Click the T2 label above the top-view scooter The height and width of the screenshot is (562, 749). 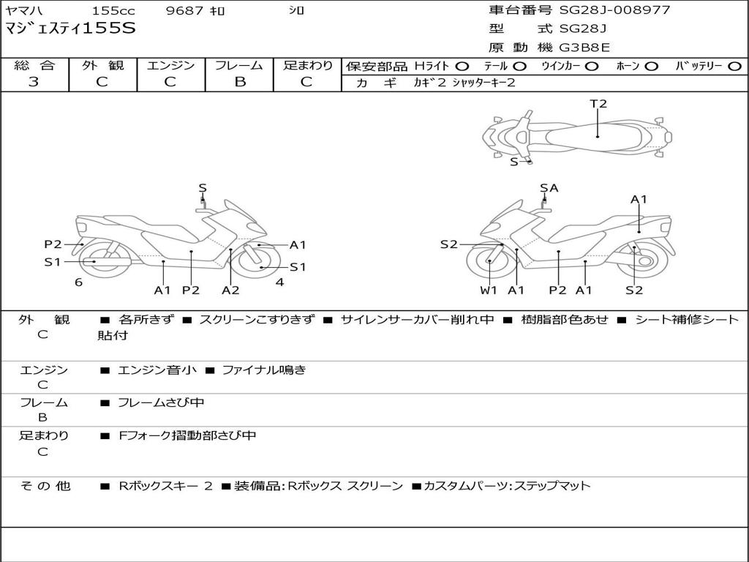point(598,104)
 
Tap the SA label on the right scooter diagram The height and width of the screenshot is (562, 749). point(549,188)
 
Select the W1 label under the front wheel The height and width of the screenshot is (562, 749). point(489,290)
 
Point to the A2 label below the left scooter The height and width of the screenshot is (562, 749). point(230,290)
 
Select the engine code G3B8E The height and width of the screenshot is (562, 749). point(584,48)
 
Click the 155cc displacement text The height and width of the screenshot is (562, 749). point(113,11)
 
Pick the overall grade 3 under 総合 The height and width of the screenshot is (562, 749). point(34,82)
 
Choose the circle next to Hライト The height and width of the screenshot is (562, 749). point(462,67)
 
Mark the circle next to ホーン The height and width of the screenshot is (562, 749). point(652,67)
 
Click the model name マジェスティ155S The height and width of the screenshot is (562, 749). point(70,29)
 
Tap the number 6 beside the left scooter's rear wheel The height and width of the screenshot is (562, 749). point(78,282)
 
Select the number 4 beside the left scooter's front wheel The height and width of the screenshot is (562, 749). point(279,282)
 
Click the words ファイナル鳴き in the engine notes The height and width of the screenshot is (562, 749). point(263,370)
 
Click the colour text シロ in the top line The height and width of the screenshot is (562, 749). point(296,11)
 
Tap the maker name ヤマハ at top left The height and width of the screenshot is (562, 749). point(24,11)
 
